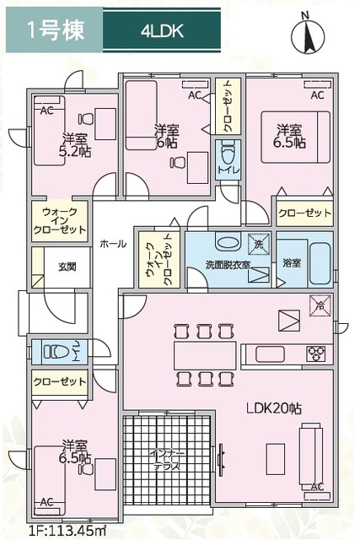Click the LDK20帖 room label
[x=274, y=408]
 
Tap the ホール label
[x=113, y=244]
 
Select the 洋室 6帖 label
[x=166, y=138]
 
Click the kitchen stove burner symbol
[x=317, y=352]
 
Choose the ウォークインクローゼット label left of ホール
[x=61, y=221]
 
